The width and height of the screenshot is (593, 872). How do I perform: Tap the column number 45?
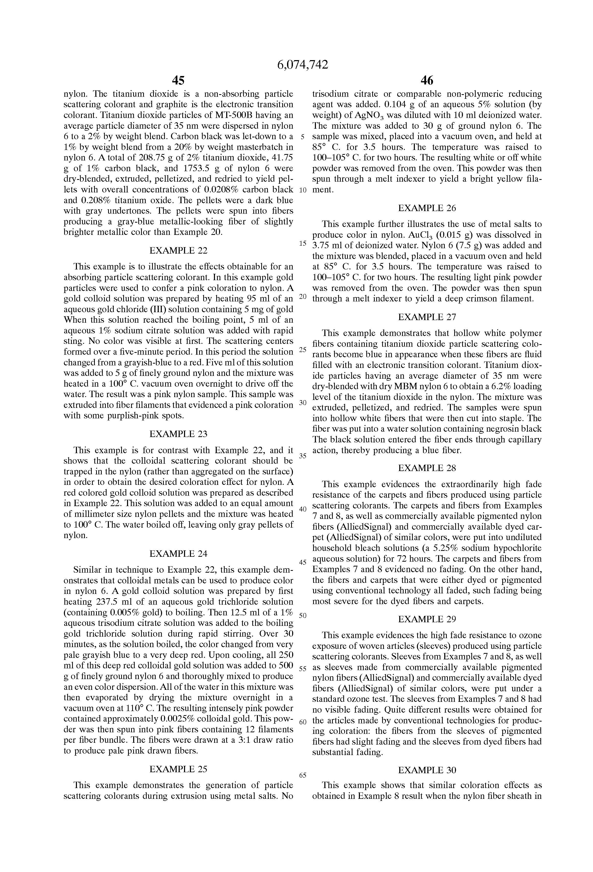coord(178,80)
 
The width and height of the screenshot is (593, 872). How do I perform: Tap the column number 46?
coord(427,80)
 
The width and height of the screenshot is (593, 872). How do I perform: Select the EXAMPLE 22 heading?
coord(178,250)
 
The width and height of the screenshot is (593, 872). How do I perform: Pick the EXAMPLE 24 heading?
coord(178,553)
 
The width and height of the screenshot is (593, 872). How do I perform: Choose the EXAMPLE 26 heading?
coord(427,208)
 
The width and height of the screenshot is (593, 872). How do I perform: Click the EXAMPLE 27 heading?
coord(427,317)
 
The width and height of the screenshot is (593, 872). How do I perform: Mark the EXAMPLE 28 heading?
coord(427,468)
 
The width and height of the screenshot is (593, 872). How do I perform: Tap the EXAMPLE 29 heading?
coord(427,619)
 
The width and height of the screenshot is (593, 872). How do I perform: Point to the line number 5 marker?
coord(303,137)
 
